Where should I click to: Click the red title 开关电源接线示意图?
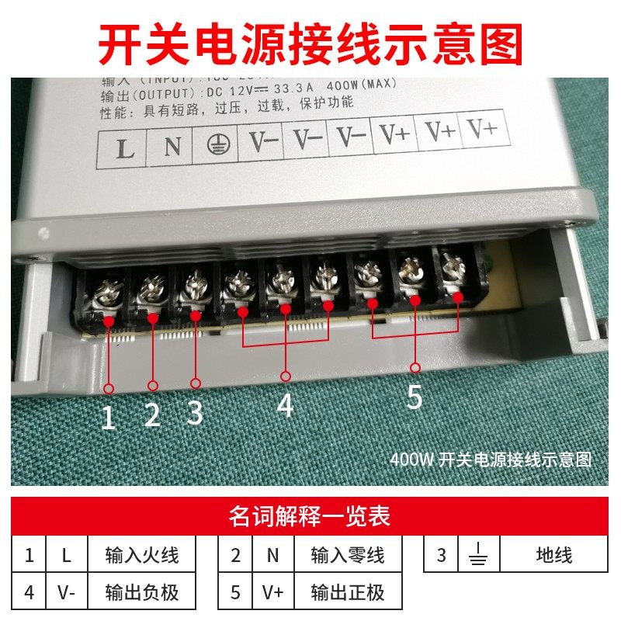click(310, 43)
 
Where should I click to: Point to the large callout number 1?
click(109, 419)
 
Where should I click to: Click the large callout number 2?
click(152, 416)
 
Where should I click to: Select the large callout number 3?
click(195, 412)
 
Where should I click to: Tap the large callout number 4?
click(286, 404)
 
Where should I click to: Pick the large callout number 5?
click(415, 397)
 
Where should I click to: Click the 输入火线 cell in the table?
click(141, 556)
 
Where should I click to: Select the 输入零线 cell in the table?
click(347, 556)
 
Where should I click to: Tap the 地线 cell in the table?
click(553, 556)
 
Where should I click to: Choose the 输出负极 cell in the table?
click(141, 593)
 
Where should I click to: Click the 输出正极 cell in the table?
click(347, 593)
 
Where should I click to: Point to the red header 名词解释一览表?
click(310, 515)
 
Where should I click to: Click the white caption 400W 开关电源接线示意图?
click(491, 459)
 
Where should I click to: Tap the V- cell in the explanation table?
click(66, 593)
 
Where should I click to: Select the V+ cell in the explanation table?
click(272, 593)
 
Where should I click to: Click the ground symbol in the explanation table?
click(478, 556)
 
